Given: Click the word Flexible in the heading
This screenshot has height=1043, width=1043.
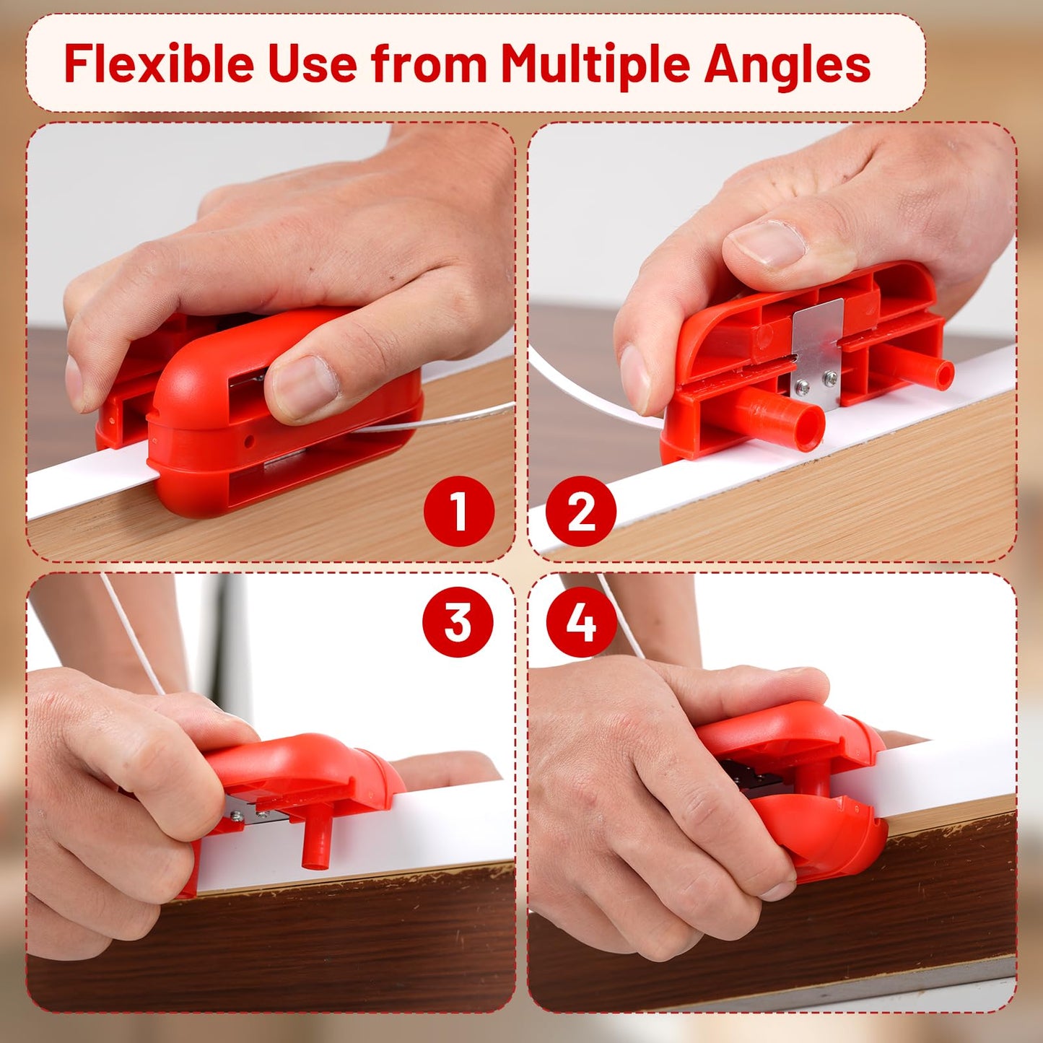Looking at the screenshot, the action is coord(159,64).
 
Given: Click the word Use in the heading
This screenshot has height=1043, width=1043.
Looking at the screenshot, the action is coord(313,64).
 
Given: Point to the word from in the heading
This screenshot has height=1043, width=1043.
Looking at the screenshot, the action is coord(429,64).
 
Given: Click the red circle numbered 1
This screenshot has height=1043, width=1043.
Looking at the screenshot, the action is coord(458,511).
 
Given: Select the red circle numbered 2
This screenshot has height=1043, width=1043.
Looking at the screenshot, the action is coord(581,511).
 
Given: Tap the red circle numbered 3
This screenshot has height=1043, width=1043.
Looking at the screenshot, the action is coord(458,621).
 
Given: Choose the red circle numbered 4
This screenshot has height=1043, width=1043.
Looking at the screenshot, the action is coord(581,621).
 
